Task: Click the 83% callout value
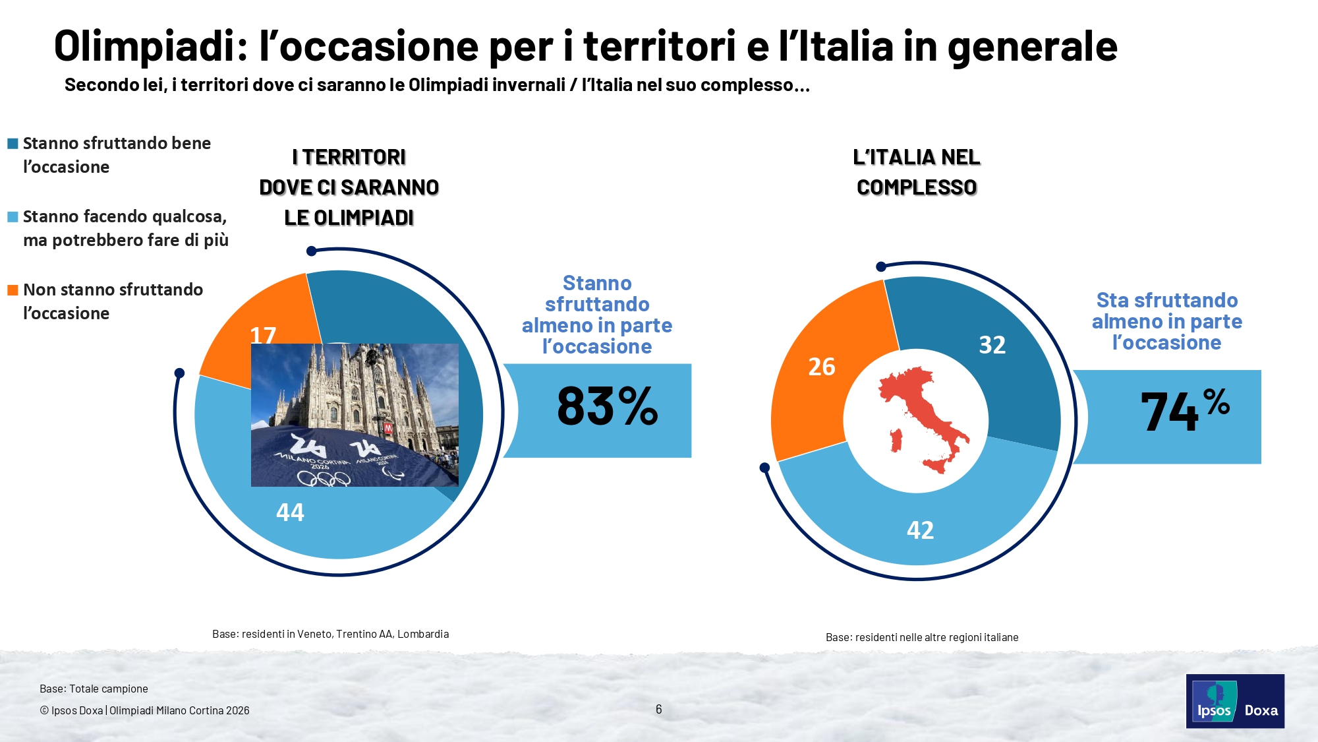[x=607, y=406]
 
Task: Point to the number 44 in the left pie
[x=290, y=512]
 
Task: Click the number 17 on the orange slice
[x=263, y=335]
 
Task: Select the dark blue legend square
[x=13, y=143]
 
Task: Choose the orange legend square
[x=13, y=290]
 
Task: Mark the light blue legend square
[x=13, y=216]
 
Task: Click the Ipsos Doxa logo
[x=1234, y=701]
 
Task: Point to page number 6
[x=658, y=709]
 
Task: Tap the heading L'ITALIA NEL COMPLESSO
[x=916, y=172]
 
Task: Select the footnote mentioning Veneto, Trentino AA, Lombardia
[x=330, y=634]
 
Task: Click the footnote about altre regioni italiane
[x=921, y=637]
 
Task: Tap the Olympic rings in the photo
[x=323, y=478]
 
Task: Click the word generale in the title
[x=1032, y=46]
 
